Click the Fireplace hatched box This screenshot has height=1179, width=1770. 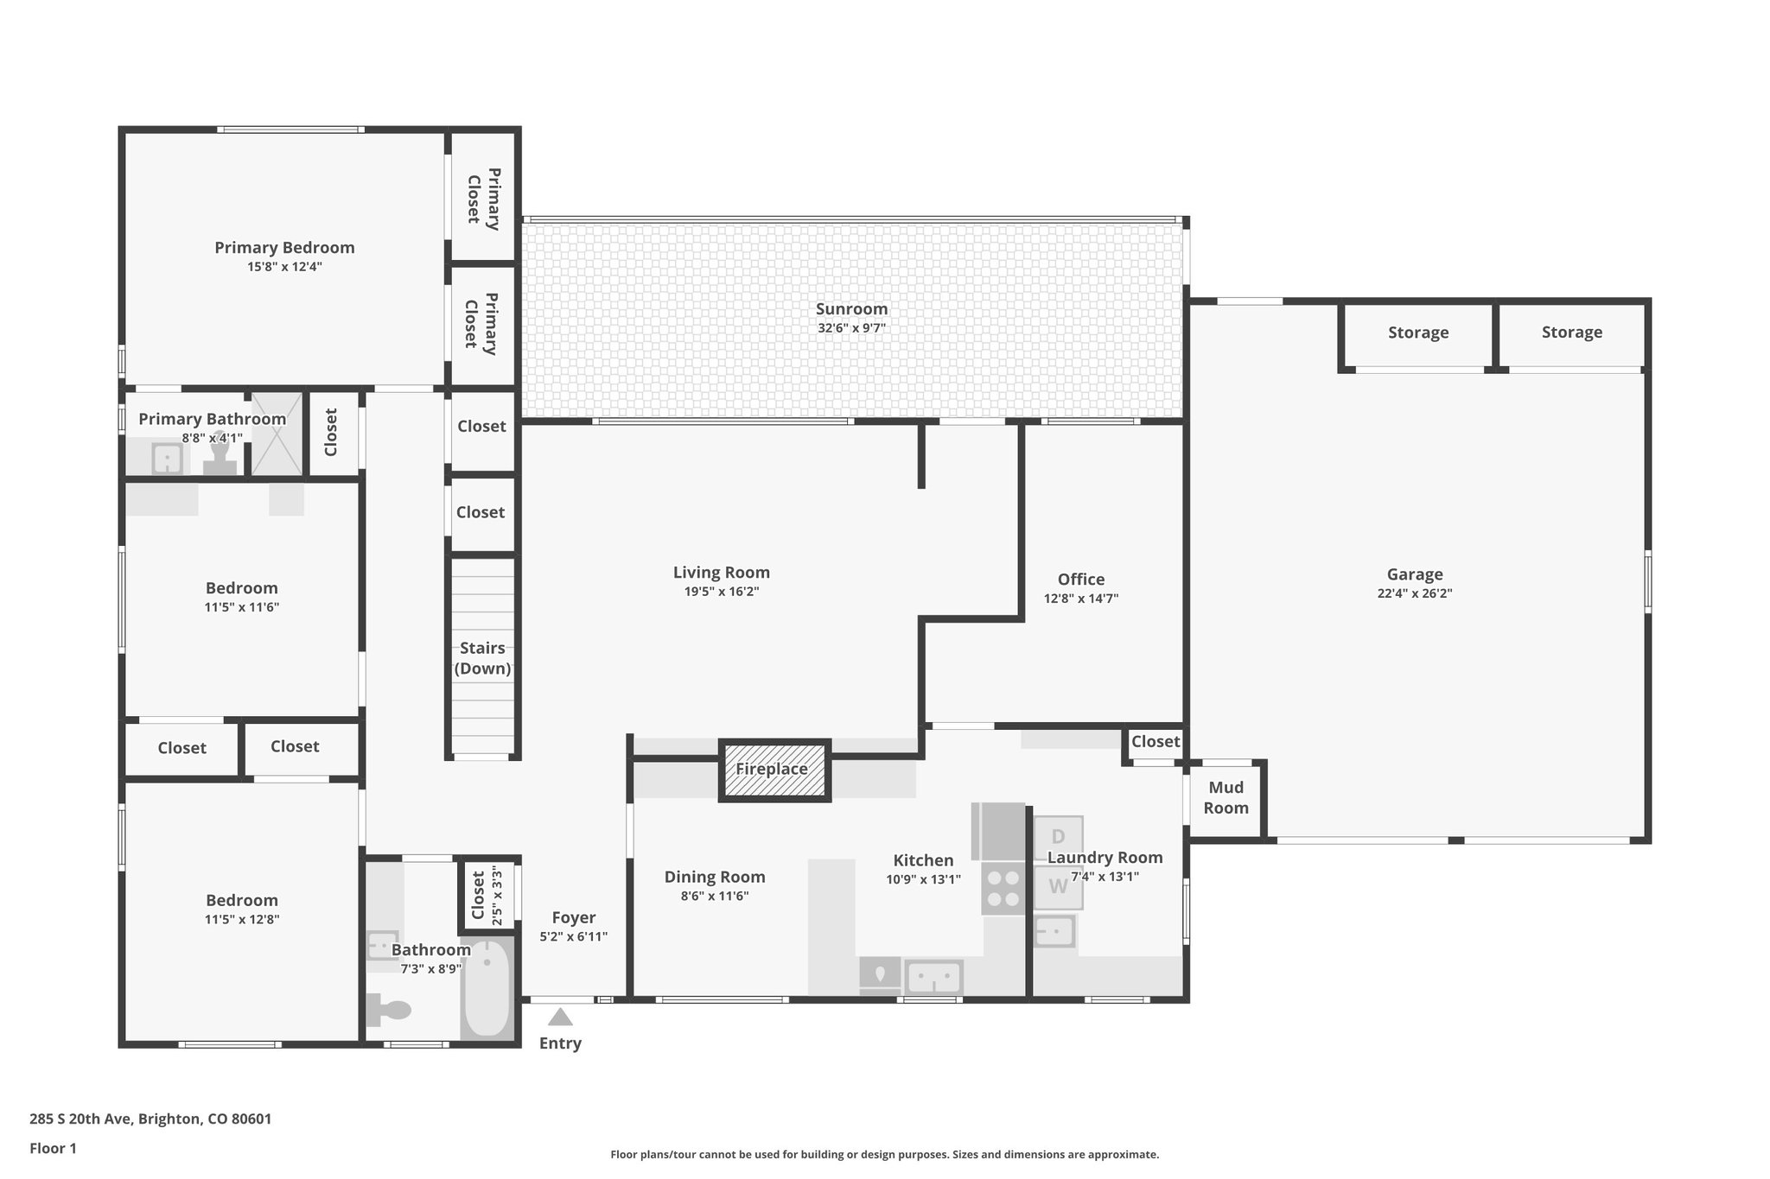(x=774, y=770)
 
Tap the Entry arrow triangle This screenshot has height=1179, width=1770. (x=560, y=1017)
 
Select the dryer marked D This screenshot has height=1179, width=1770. (x=1058, y=836)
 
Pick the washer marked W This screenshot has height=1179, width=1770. (x=1058, y=886)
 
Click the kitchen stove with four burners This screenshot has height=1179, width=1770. (x=1003, y=888)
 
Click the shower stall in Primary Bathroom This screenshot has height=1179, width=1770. (x=277, y=434)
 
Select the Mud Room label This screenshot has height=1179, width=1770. (x=1226, y=797)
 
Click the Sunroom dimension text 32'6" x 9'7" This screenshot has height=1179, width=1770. (x=851, y=328)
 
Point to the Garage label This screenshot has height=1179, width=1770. (x=1414, y=574)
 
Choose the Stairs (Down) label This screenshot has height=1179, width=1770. (x=482, y=658)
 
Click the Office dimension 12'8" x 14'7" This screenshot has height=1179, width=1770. (x=1080, y=599)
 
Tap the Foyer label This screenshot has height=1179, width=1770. (x=573, y=917)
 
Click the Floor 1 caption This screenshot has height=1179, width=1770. (x=53, y=1148)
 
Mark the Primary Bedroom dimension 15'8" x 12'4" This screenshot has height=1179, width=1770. (x=284, y=267)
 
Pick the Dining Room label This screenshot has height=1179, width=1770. (x=714, y=877)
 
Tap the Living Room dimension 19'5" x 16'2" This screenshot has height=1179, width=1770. (x=721, y=592)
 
